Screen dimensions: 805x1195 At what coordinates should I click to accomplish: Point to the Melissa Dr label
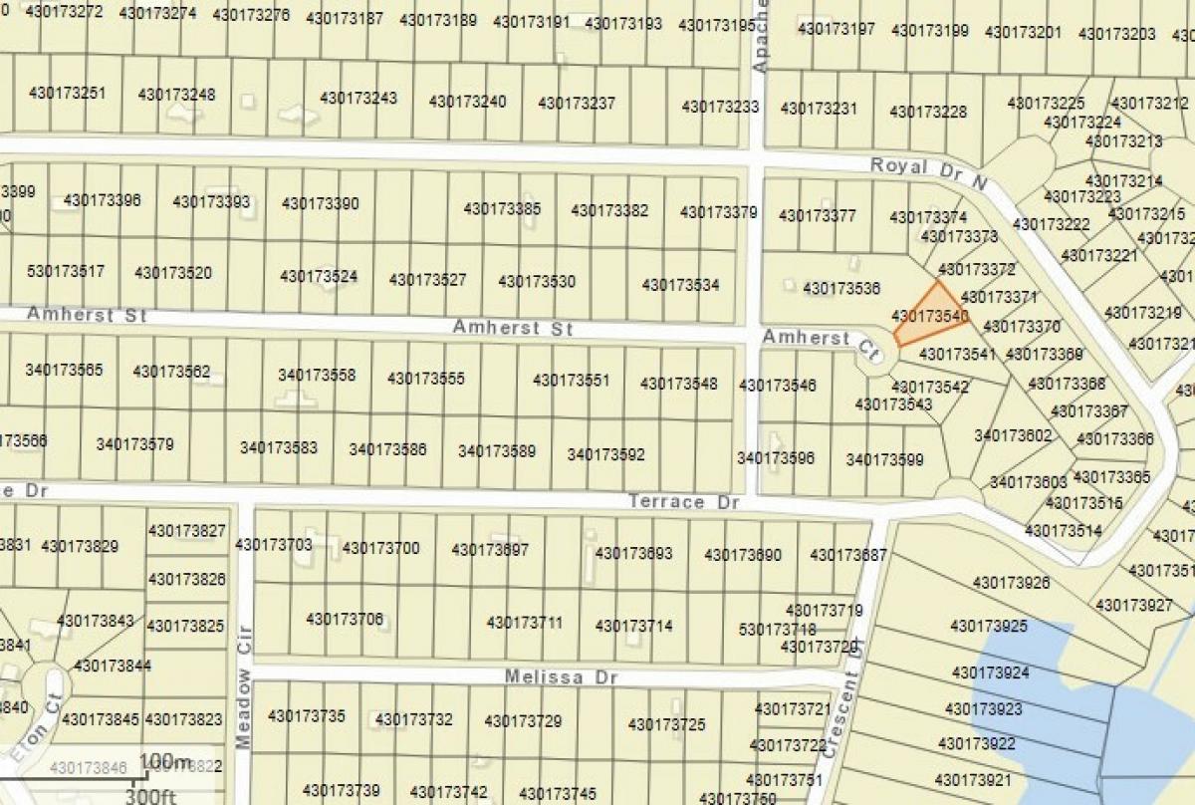[561, 676]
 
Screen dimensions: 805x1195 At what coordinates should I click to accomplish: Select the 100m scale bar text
[164, 763]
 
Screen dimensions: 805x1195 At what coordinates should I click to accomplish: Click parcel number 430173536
[841, 289]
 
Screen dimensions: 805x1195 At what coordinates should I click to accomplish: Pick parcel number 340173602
[1013, 434]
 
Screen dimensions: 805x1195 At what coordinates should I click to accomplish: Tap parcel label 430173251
[68, 94]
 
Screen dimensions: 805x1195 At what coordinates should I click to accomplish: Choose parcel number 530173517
[66, 271]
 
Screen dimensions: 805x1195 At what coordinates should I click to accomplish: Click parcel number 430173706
[345, 619]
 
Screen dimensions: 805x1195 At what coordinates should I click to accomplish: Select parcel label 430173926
[1011, 582]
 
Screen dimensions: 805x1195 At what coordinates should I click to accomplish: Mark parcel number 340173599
[884, 459]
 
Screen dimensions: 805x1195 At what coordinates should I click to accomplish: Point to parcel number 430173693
[633, 553]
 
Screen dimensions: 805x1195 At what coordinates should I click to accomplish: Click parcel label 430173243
[358, 98]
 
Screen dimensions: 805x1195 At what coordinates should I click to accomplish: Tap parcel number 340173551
[571, 380]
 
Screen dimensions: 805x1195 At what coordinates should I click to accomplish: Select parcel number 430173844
[113, 665]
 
